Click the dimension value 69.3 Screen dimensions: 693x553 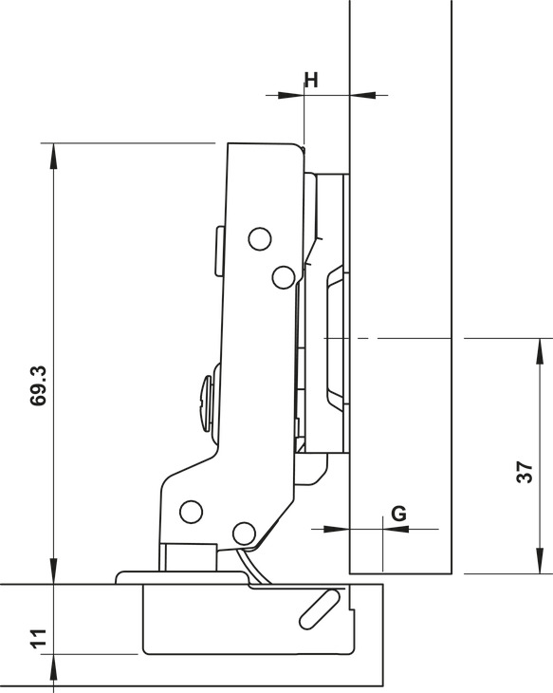click(39, 384)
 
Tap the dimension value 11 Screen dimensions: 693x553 click(39, 638)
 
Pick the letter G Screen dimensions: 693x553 click(398, 513)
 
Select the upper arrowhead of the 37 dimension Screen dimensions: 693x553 click(540, 347)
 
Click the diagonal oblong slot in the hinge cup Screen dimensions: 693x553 click(320, 608)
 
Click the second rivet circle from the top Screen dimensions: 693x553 click(282, 276)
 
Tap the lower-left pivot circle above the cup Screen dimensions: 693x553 click(192, 512)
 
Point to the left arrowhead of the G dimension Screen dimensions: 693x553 click(340, 528)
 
